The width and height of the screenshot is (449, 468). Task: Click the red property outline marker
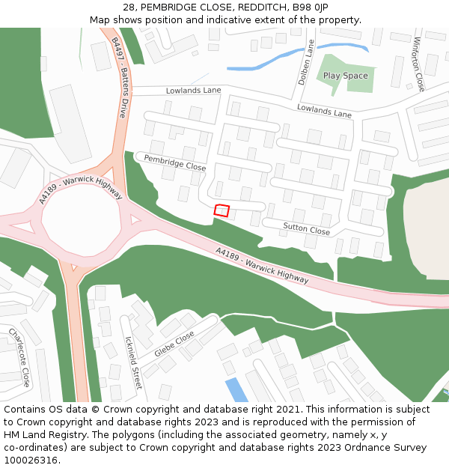(x=222, y=210)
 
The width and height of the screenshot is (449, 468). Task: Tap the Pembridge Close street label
(x=174, y=162)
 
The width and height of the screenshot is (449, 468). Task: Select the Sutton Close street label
(x=306, y=229)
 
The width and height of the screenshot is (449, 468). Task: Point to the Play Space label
(x=345, y=76)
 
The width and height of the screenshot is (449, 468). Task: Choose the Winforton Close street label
(x=418, y=63)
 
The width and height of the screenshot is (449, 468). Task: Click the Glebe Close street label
(x=174, y=344)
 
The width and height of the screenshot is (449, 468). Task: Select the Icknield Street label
(x=132, y=362)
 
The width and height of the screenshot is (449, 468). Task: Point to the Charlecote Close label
(x=19, y=356)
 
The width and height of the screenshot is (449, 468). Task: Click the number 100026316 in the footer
(x=31, y=460)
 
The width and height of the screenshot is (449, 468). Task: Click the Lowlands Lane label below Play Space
(x=324, y=111)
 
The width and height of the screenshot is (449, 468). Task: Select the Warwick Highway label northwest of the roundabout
(x=80, y=191)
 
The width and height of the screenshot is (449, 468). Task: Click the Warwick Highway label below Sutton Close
(x=262, y=266)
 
